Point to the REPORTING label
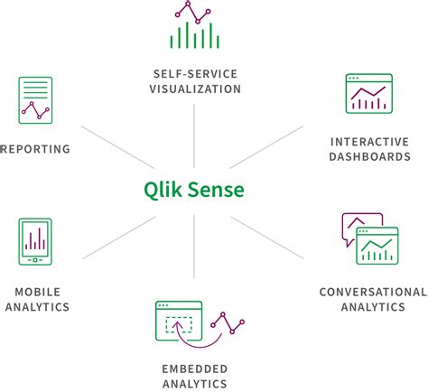point(36,149)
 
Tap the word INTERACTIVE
point(370,141)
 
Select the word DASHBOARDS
point(370,157)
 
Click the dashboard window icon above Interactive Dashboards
point(369,93)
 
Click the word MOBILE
point(36,291)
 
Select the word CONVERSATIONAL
point(373,291)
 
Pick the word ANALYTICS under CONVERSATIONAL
point(373,307)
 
